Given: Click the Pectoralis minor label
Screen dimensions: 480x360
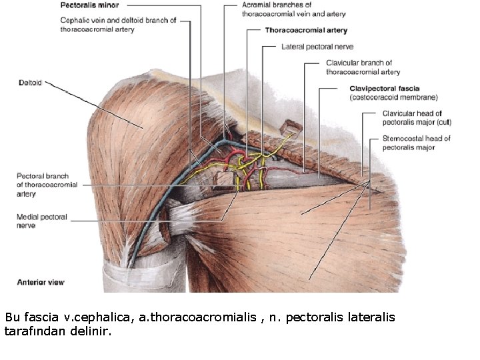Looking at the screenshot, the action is [x=89, y=5].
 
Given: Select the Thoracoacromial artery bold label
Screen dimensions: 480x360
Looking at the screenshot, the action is [x=306, y=31].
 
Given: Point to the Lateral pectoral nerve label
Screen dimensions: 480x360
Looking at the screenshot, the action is [x=317, y=47].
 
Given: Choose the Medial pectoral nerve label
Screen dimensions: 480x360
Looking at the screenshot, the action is [x=41, y=221].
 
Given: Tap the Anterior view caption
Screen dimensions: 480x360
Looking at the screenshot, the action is [x=41, y=282].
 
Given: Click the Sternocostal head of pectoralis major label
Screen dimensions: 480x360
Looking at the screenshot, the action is [x=417, y=143].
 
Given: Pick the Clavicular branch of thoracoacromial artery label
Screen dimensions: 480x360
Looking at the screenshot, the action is [x=363, y=67].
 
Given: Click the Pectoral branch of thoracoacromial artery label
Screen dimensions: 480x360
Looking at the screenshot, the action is [x=47, y=185].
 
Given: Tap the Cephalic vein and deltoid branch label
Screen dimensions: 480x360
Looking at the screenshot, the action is [x=117, y=25].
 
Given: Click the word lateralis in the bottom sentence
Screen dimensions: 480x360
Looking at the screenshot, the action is [x=371, y=317].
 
